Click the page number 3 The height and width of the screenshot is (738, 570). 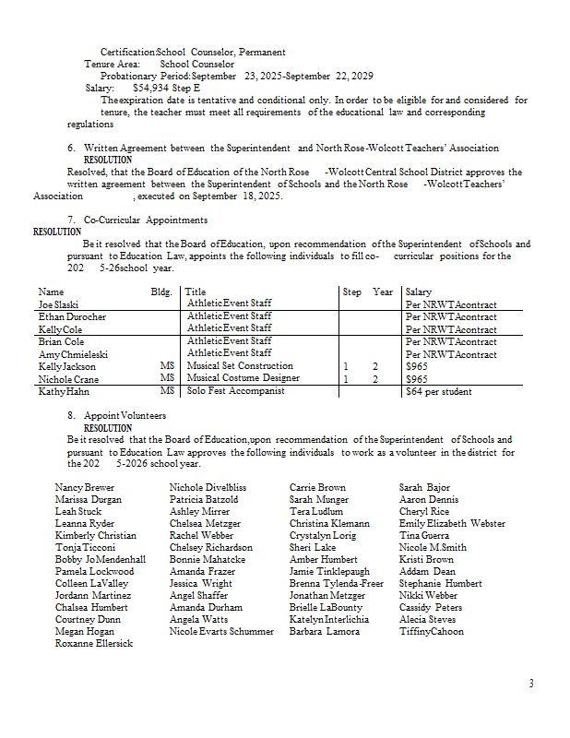coord(531,684)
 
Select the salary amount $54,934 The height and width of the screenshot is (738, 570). coord(154,88)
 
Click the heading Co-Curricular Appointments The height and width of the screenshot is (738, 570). coord(145,220)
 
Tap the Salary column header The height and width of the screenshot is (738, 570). coord(419,292)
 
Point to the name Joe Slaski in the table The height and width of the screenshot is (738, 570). coord(59,304)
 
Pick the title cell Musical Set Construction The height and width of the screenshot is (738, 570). coord(240,366)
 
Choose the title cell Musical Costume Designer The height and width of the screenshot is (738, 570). coord(243,378)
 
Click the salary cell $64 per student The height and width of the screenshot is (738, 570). coord(439,392)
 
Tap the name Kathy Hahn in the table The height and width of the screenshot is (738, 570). coord(65,392)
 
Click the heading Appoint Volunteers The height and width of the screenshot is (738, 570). coord(125,416)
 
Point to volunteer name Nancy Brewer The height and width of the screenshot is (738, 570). coord(85,487)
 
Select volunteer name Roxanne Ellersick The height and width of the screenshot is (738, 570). coord(93,643)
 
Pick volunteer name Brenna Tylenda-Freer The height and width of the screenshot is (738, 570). coord(336,583)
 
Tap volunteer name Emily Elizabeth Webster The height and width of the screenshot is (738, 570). coord(452,523)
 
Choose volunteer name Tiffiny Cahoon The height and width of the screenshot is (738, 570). coord(432,631)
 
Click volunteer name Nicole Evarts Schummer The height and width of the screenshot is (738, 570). coord(221,631)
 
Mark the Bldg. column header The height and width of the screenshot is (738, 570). coord(161,292)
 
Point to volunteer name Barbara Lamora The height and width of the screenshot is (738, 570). coord(325,631)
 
